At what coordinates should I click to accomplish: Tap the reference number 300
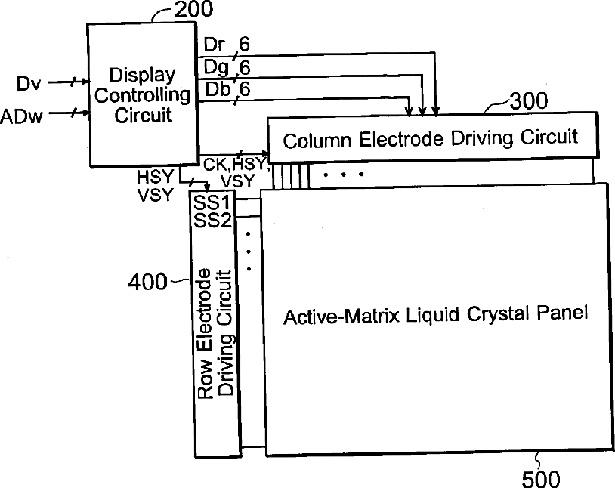click(x=530, y=101)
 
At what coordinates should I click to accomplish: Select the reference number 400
click(x=148, y=283)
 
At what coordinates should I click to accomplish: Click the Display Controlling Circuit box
click(x=141, y=94)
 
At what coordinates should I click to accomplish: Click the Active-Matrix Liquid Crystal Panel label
click(x=435, y=314)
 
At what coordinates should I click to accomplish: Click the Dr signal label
click(x=214, y=45)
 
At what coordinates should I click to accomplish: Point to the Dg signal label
click(x=215, y=68)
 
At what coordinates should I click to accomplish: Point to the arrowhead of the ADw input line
click(x=83, y=114)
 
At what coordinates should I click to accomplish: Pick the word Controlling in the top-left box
click(x=142, y=95)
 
